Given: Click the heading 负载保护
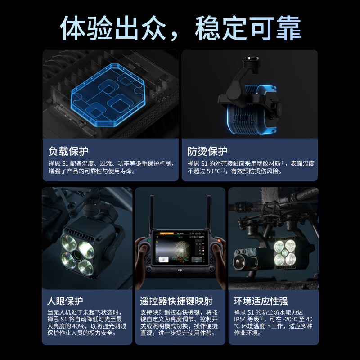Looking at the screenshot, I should (69, 151).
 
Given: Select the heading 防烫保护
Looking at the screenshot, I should (207, 151).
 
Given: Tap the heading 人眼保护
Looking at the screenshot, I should (65, 301).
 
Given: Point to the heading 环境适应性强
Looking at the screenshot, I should (261, 301).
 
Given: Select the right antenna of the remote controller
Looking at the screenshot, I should (209, 211).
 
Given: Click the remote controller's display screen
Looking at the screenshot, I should (180, 247).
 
